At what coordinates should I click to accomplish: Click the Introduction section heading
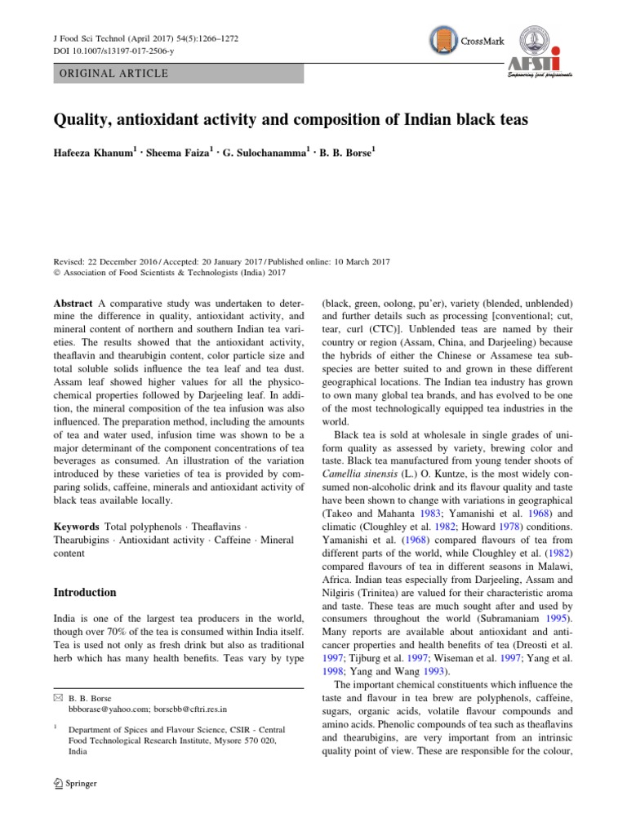(x=85, y=592)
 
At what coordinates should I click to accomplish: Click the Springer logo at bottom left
(x=74, y=785)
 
